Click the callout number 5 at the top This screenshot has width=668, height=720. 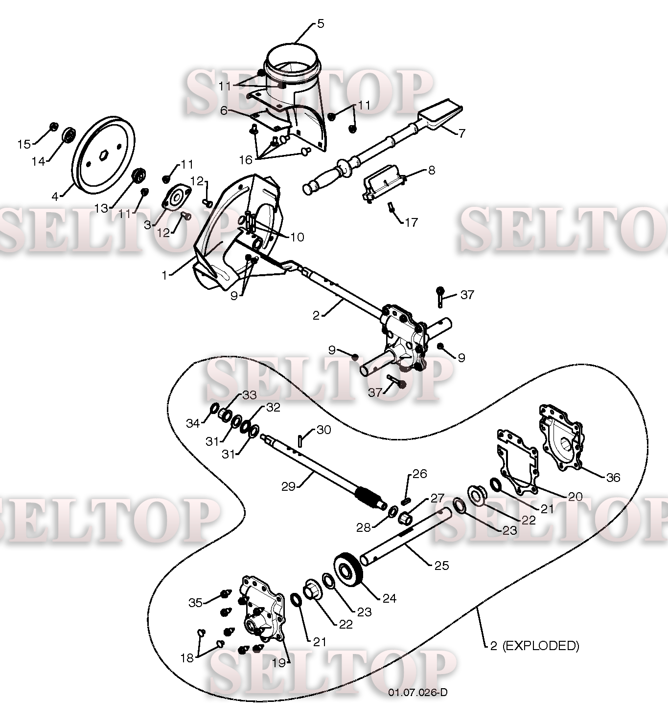pyautogui.click(x=321, y=23)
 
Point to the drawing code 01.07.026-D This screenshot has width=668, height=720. pyautogui.click(x=418, y=692)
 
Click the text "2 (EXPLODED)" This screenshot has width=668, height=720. pyautogui.click(x=534, y=646)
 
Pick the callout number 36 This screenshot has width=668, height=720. pyautogui.click(x=613, y=478)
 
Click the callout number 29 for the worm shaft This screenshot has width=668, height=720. pyautogui.click(x=288, y=487)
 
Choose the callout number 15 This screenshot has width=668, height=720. pyautogui.click(x=24, y=144)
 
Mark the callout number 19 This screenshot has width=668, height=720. pyautogui.click(x=278, y=663)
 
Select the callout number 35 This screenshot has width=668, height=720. pyautogui.click(x=196, y=603)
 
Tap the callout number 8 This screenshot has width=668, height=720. pyautogui.click(x=431, y=170)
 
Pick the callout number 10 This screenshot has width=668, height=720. pyautogui.click(x=297, y=237)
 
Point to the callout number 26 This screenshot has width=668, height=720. pyautogui.click(x=420, y=474)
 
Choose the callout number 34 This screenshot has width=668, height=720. pyautogui.click(x=193, y=423)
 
